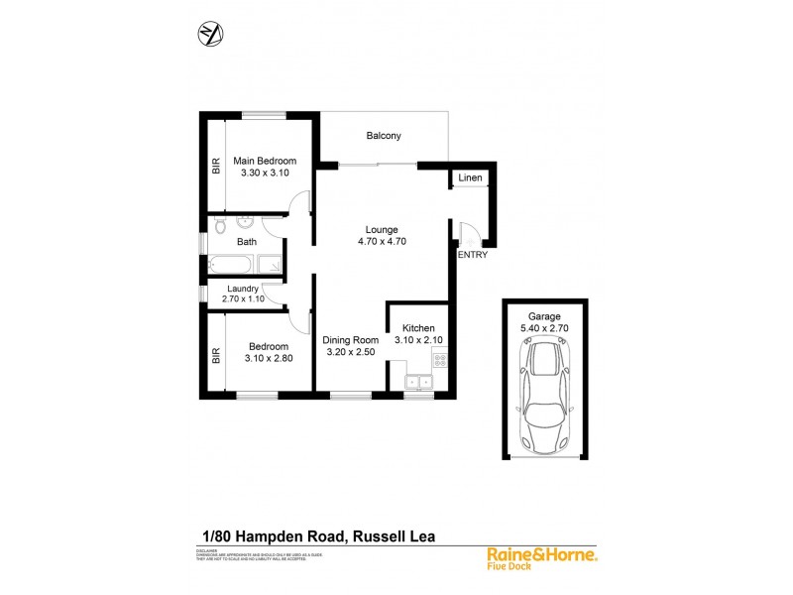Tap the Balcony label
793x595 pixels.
coord(383,137)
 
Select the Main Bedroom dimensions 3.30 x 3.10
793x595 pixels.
coord(265,173)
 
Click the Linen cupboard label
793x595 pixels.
coord(470,178)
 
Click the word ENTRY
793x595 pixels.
coord(471,255)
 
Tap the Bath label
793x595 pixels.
coord(247,241)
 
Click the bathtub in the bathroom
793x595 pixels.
coord(230,264)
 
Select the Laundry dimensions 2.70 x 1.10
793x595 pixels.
coord(241,299)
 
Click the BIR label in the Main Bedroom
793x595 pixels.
coord(215,166)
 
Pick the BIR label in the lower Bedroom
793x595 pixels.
coord(215,354)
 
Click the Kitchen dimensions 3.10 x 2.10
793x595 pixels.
coord(417,340)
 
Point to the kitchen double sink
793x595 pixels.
coord(418,380)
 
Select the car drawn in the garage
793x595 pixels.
coord(544,397)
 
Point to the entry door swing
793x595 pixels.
coord(469,235)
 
